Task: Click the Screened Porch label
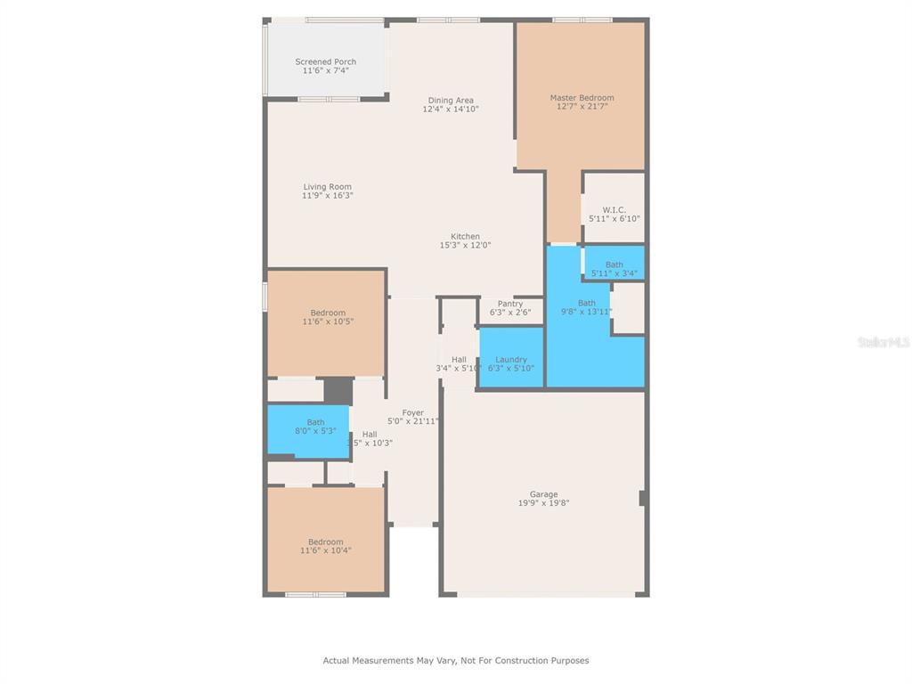[326, 61]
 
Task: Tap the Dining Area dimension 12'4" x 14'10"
[451, 109]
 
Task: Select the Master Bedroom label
[582, 98]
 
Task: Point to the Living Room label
[328, 187]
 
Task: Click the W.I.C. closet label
[615, 209]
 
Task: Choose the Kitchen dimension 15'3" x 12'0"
[465, 245]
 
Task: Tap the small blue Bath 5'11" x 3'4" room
[615, 263]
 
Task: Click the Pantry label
[510, 304]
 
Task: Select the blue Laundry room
[511, 357]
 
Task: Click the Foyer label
[413, 413]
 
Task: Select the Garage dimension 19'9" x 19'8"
[544, 503]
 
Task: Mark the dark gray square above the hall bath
[338, 391]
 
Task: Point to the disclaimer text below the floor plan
[456, 660]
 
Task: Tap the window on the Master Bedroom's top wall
[582, 20]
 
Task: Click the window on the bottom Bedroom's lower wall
[315, 594]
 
